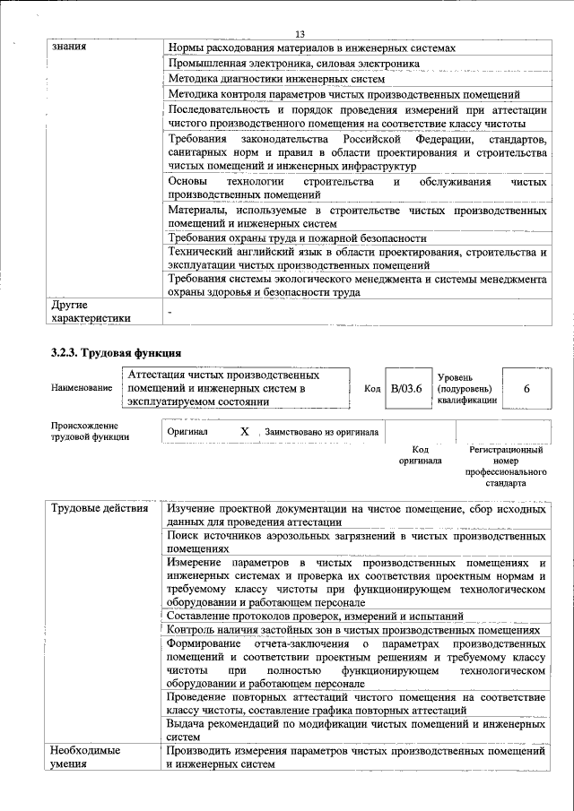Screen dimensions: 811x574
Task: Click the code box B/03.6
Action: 406,388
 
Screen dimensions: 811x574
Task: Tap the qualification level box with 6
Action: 526,388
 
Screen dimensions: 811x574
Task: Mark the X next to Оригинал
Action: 244,432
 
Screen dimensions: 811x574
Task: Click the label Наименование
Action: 82,388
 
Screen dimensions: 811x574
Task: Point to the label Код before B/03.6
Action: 372,388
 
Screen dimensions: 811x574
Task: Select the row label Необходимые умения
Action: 85,757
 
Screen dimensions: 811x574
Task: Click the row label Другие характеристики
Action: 91,311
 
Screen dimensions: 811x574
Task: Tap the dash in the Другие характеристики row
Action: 170,309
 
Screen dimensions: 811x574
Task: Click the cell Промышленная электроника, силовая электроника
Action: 293,64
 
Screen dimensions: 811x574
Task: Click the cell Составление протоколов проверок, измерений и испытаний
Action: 315,617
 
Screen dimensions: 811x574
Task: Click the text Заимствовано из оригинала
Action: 321,432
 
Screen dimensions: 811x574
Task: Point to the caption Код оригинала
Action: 421,455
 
